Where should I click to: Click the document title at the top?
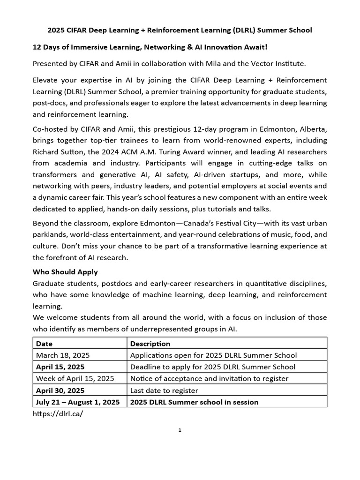click(180, 30)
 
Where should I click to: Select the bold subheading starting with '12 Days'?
click(150, 47)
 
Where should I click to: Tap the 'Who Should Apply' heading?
click(65, 272)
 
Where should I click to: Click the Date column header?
click(45, 344)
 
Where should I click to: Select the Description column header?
click(150, 344)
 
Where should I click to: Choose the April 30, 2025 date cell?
click(60, 390)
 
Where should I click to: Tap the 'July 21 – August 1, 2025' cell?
click(78, 402)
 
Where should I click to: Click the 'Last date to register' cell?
click(164, 390)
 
